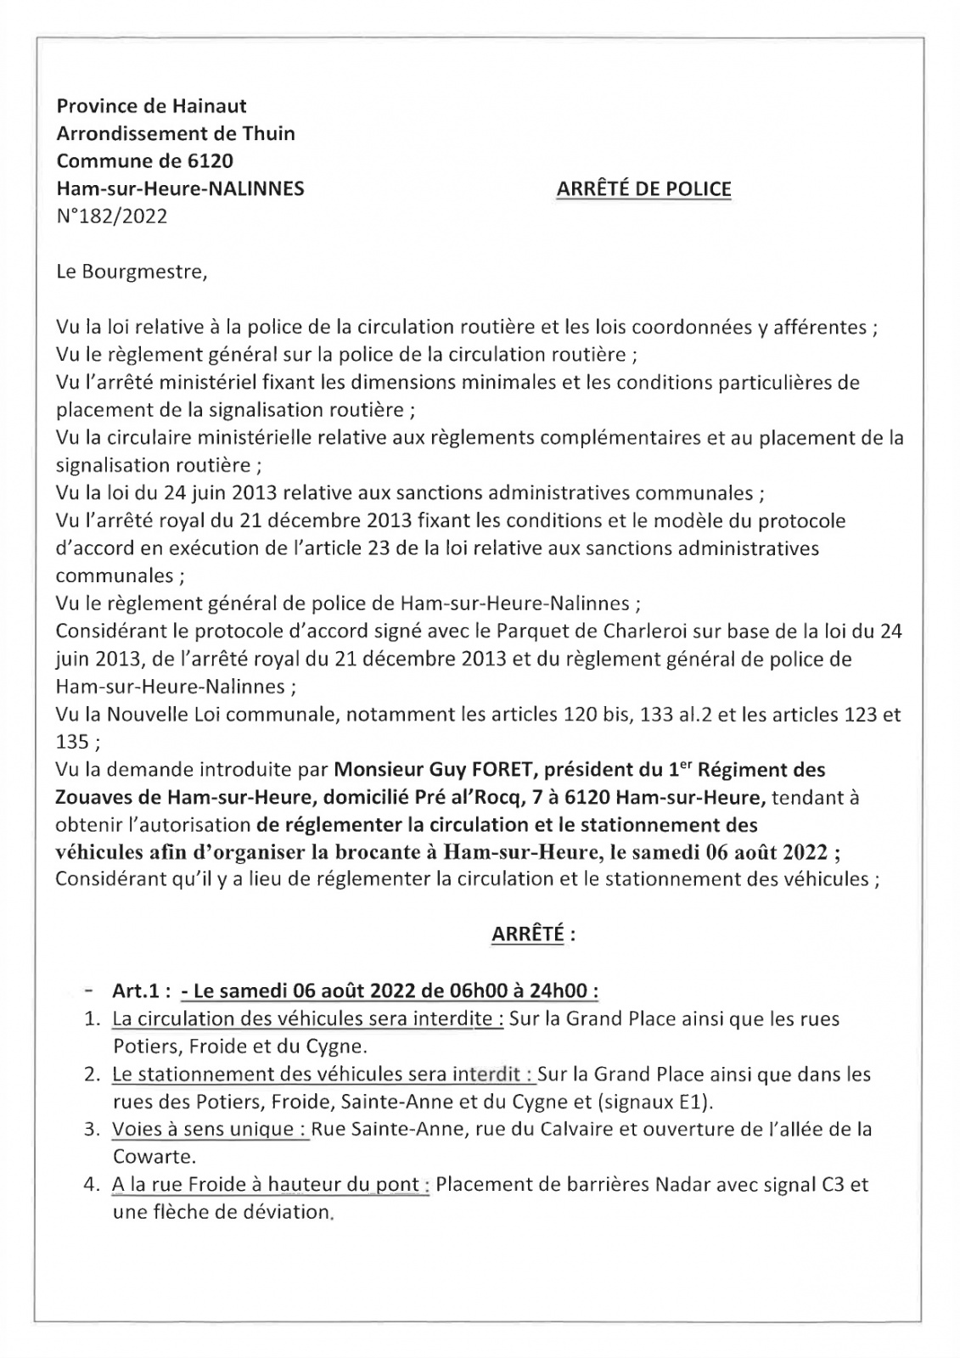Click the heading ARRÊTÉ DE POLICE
[x=643, y=188]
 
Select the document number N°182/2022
[x=111, y=216]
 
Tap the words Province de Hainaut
[x=151, y=106]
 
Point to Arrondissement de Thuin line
[x=176, y=133]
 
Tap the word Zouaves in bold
[x=87, y=797]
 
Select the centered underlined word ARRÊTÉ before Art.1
[x=527, y=934]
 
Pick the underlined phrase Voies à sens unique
[x=211, y=1130]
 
